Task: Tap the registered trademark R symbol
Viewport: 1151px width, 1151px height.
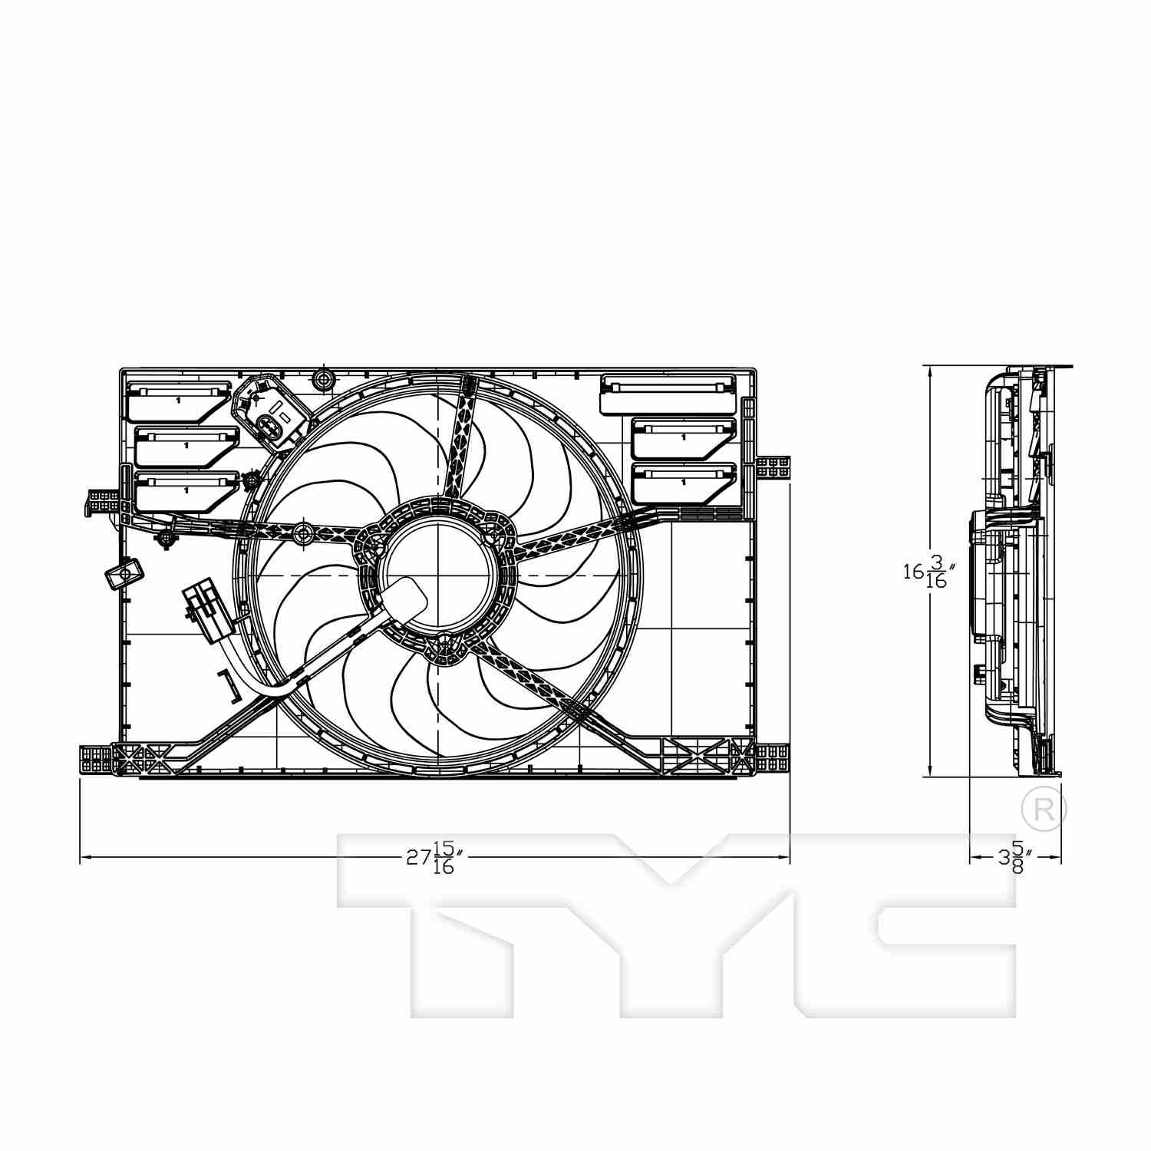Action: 1044,809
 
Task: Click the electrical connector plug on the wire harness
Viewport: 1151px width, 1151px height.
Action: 204,610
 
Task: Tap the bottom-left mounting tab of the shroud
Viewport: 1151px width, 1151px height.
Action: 96,760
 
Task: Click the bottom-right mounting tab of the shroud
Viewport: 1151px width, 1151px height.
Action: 773,759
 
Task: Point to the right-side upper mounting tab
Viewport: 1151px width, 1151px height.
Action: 773,467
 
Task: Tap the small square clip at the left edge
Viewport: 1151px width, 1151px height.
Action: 123,572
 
